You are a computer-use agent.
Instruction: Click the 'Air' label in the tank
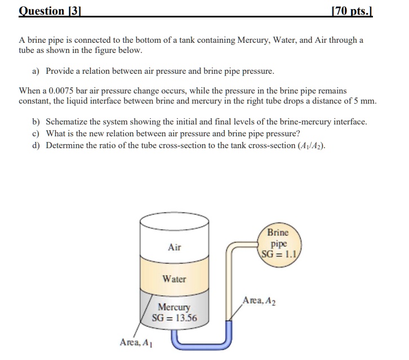(x=175, y=247)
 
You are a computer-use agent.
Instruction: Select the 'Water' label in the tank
(x=174, y=279)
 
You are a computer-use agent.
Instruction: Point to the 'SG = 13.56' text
(x=175, y=318)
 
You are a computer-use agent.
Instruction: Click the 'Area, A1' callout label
(x=136, y=342)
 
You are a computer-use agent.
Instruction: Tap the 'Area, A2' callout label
(x=259, y=301)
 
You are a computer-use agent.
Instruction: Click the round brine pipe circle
(x=278, y=242)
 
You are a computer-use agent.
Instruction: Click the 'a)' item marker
(x=37, y=72)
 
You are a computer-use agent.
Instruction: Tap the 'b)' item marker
(x=37, y=122)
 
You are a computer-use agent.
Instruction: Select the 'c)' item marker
(x=37, y=134)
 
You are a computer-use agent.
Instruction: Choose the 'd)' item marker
(x=37, y=145)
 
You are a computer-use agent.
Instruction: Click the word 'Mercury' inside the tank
(x=174, y=308)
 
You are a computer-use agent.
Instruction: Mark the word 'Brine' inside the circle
(x=278, y=232)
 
